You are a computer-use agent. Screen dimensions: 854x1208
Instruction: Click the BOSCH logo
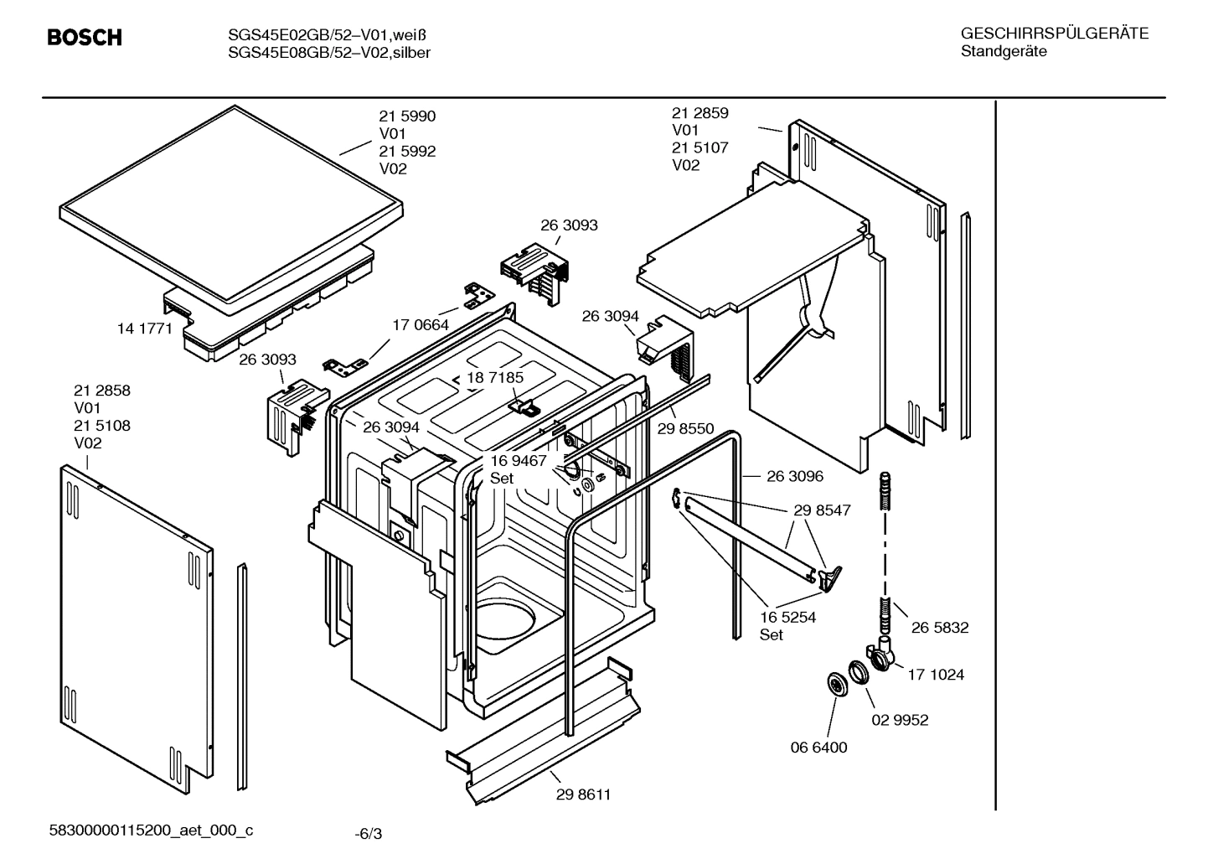click(85, 38)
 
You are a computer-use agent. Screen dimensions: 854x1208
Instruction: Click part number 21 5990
click(407, 116)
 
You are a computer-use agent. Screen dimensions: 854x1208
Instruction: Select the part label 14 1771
click(145, 329)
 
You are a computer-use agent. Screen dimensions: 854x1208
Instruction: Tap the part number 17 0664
click(421, 324)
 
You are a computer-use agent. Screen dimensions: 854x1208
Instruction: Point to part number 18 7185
click(495, 377)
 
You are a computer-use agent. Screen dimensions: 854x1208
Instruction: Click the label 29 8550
click(685, 428)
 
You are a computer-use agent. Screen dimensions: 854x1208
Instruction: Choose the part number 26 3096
click(794, 476)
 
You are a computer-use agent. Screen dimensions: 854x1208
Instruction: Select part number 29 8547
click(822, 510)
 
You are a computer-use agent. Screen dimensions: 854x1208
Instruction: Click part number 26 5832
click(940, 627)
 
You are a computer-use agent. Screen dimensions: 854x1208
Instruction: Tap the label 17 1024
click(935, 674)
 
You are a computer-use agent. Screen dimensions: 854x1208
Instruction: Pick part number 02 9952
click(900, 720)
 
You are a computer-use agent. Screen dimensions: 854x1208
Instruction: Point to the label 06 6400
click(818, 747)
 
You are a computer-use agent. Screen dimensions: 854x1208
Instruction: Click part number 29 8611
click(583, 794)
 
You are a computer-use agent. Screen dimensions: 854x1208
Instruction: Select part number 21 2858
click(102, 391)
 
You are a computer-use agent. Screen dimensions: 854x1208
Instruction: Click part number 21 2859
click(700, 112)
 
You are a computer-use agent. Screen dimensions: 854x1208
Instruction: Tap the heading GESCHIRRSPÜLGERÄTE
click(1054, 34)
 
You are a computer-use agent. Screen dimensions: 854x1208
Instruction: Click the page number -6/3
click(368, 833)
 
